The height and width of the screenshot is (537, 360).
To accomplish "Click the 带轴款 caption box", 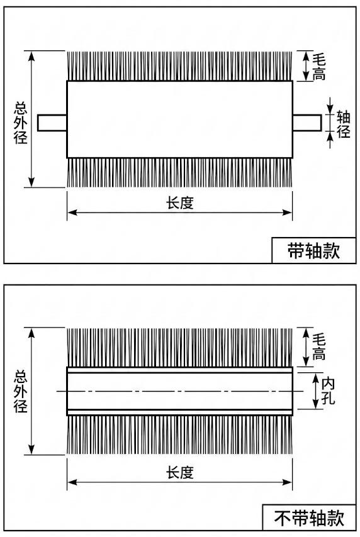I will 313,251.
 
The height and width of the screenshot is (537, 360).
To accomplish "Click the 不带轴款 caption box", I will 310,519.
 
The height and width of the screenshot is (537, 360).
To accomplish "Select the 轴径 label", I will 344,123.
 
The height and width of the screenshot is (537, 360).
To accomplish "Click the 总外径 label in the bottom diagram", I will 21,391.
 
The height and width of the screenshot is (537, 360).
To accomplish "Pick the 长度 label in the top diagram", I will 179,202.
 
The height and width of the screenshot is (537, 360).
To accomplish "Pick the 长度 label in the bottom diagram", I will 179,472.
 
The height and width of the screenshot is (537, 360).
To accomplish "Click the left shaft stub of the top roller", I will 52,123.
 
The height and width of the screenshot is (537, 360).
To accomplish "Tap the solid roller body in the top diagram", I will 179,119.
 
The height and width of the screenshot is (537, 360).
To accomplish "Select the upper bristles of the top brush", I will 179,66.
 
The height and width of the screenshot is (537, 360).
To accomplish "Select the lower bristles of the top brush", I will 179,172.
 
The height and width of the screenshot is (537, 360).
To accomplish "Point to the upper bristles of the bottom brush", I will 179,346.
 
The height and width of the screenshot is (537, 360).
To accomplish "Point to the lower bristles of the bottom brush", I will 179,435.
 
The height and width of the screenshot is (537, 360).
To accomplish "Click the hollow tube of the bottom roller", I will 179,391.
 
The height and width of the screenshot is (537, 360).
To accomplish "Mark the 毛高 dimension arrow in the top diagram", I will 306,66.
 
